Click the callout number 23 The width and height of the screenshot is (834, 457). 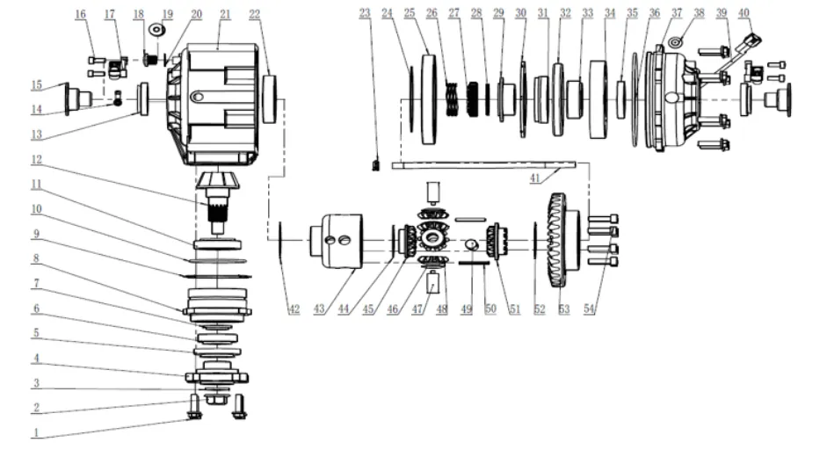[x=366, y=13]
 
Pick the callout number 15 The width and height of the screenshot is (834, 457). [x=37, y=85]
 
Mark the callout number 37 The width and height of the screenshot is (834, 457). [x=676, y=14]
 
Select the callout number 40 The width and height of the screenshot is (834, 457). [x=744, y=13]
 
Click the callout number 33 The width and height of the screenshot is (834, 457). [x=586, y=14]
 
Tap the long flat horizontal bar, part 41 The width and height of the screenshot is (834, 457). [x=483, y=163]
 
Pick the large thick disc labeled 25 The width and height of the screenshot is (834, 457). [x=430, y=99]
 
